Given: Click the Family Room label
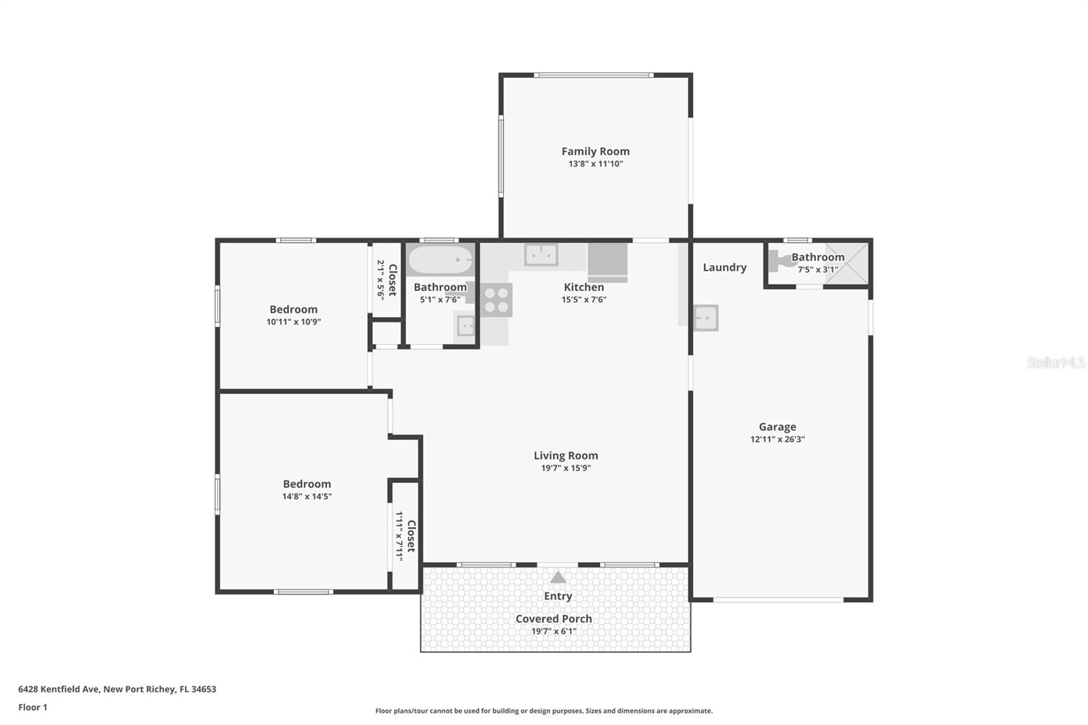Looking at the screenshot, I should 595,152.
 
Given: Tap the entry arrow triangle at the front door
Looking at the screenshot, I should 558,577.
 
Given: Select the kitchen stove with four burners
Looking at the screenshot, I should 496,300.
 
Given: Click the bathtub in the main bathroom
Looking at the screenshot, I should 439,260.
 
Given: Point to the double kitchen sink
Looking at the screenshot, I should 541,255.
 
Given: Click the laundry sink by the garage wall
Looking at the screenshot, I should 705,318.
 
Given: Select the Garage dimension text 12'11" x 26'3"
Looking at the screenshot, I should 777,439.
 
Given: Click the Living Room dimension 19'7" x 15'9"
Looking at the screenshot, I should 566,468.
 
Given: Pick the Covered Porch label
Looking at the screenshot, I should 554,619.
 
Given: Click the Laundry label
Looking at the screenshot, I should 724,267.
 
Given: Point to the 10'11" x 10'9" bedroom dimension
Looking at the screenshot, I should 293,322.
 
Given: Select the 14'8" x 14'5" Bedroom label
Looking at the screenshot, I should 307,484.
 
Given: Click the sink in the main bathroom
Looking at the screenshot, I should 465,326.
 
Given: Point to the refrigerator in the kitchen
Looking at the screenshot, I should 607,262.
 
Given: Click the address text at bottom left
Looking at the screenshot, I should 117,689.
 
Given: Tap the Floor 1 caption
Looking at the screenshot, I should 33,707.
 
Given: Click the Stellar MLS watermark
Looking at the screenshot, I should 1055,362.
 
